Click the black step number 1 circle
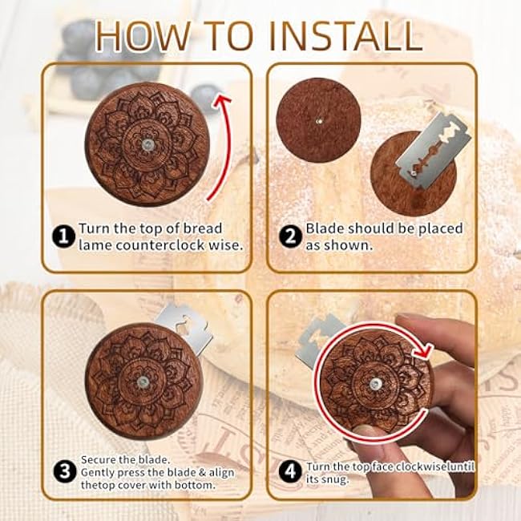(63, 237)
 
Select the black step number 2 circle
(290, 237)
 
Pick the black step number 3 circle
(65, 471)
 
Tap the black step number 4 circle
(290, 471)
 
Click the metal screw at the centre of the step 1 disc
(147, 144)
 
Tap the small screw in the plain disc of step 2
(319, 122)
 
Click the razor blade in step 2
(434, 151)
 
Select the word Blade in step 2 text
(325, 228)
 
